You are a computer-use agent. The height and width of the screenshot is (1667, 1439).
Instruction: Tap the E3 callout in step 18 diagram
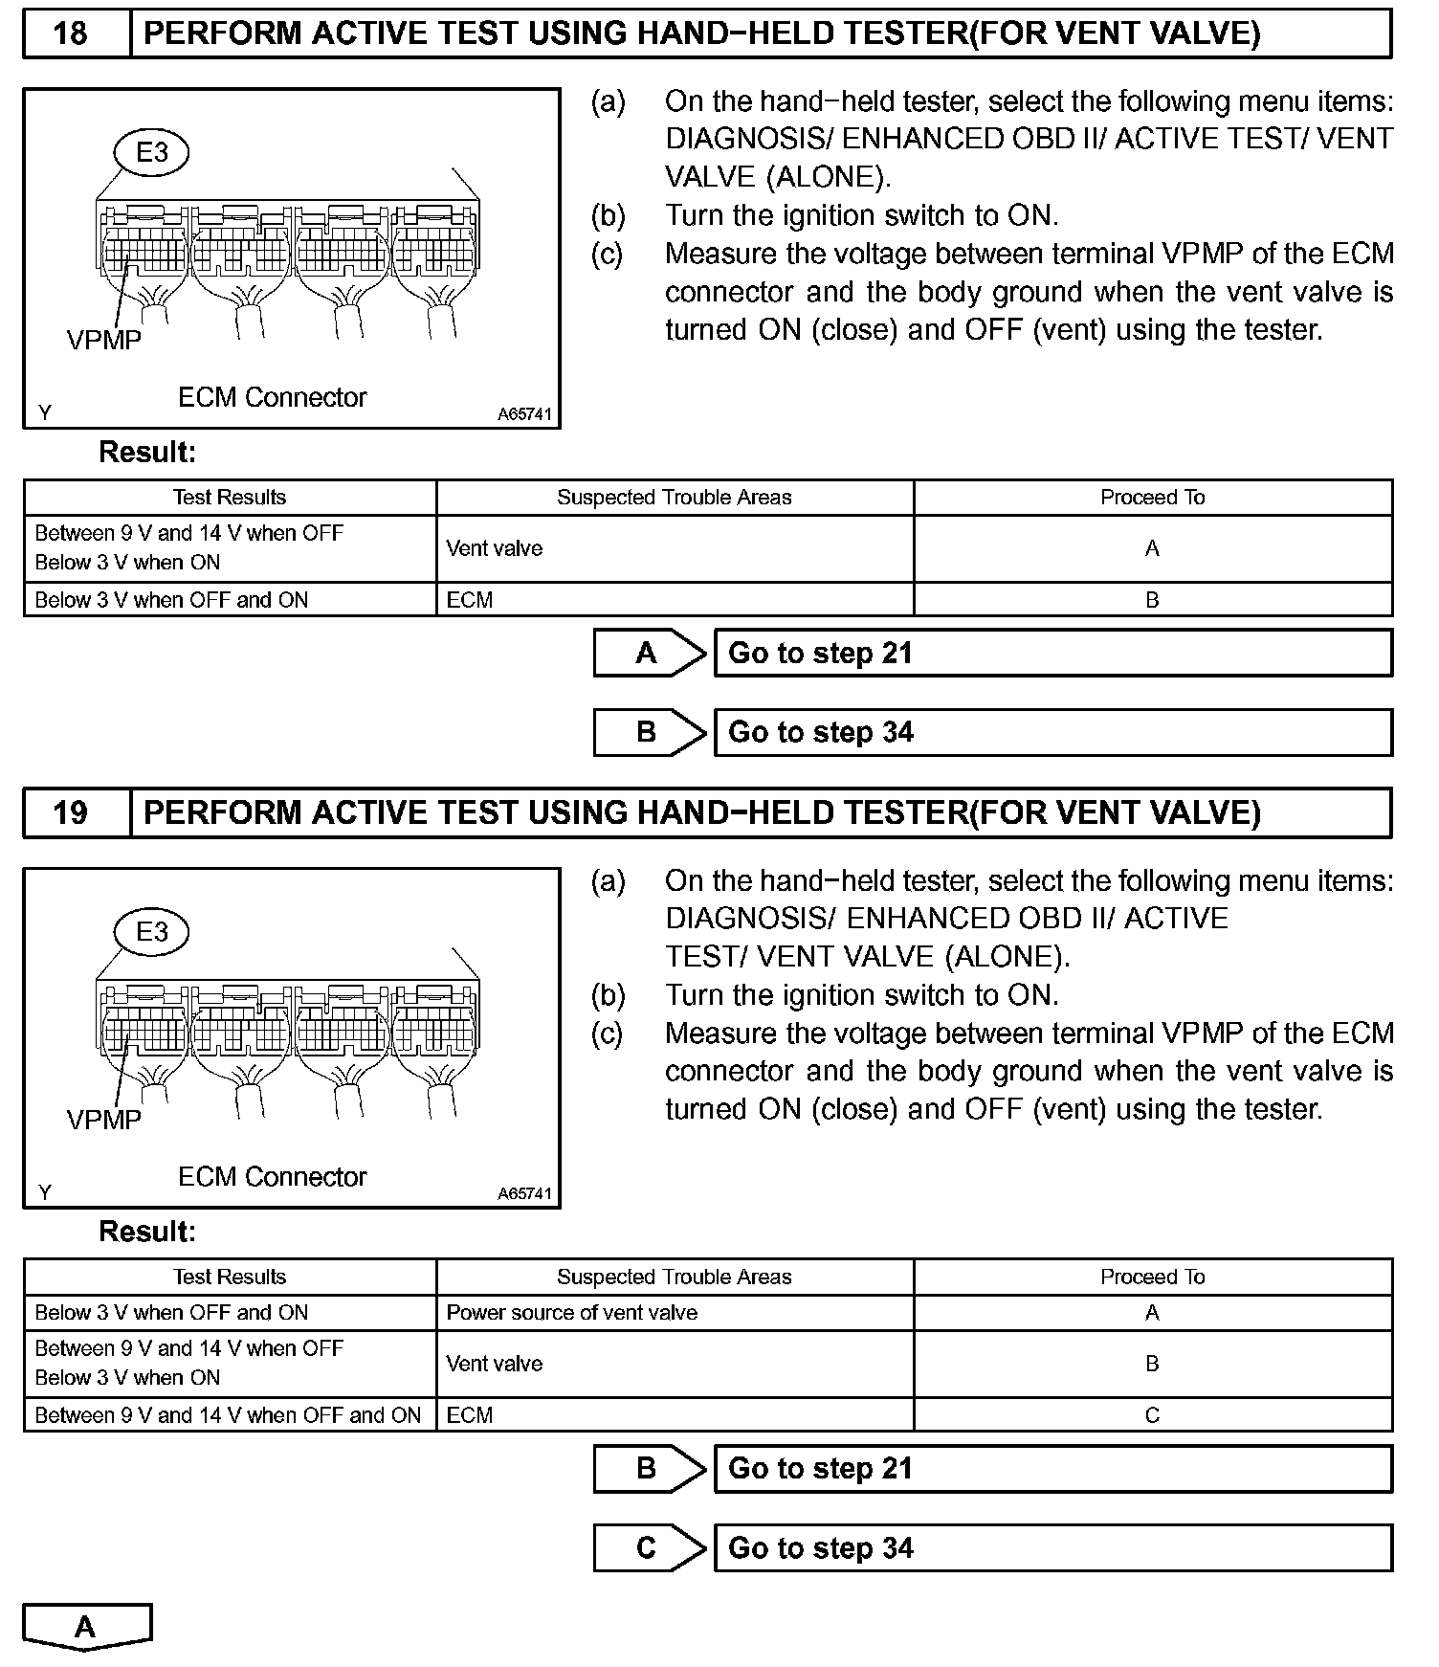coord(152,152)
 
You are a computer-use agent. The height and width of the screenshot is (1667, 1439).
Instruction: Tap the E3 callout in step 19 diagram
coord(152,932)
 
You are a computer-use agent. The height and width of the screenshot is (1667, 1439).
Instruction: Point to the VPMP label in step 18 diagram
coord(104,340)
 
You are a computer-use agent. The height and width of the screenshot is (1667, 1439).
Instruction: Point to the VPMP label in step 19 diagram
coord(104,1120)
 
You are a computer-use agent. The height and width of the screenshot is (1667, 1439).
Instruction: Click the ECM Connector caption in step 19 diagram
coord(272,1177)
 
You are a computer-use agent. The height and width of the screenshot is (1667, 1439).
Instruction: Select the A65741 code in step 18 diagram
coord(524,414)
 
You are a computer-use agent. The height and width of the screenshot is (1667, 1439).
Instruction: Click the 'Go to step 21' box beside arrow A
coord(1052,654)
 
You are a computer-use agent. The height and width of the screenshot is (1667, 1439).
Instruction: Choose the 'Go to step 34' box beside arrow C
coord(1052,1548)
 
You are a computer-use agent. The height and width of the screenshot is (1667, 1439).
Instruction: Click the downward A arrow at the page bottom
coord(86,1628)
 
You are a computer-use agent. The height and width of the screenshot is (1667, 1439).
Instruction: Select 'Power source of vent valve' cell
coord(572,1313)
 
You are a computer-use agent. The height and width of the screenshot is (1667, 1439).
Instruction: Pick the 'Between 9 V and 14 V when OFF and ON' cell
coord(228,1415)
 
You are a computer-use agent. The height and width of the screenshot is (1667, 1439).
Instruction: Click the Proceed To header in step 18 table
coord(1152,498)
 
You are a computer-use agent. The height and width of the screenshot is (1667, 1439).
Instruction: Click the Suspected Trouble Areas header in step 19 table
coord(674,1278)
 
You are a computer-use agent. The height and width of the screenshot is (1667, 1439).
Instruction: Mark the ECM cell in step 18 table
coord(470,600)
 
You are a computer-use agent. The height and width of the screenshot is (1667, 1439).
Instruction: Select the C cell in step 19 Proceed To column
coord(1152,1415)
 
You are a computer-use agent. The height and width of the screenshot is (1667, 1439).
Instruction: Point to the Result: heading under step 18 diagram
coord(147,453)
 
